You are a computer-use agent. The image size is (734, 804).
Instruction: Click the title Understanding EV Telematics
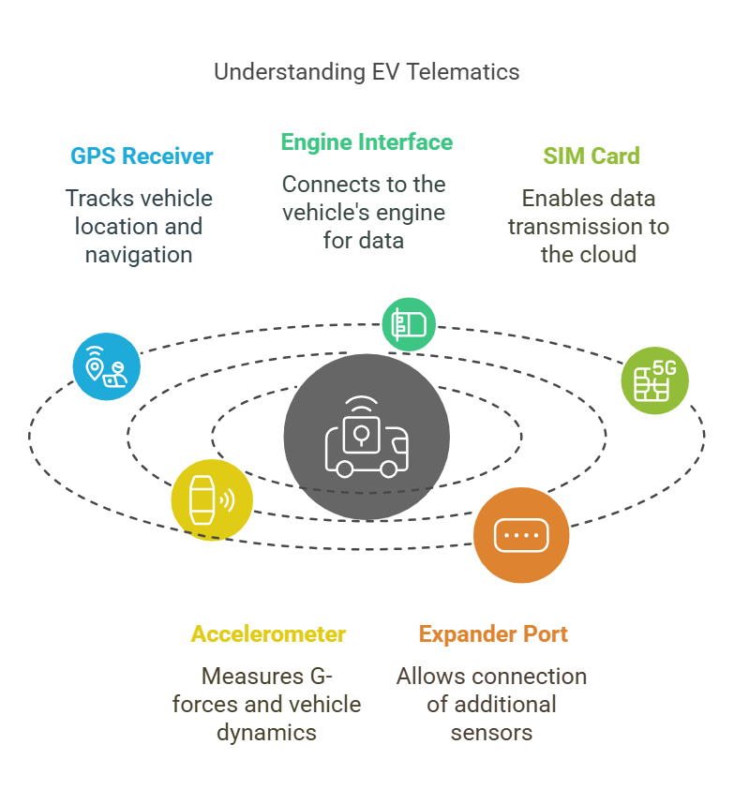pyautogui.click(x=367, y=72)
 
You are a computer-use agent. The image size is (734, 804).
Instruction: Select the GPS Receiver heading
pyautogui.click(x=142, y=156)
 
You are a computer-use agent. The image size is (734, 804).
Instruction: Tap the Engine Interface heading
pyautogui.click(x=367, y=142)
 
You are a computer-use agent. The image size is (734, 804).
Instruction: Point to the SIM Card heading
pyautogui.click(x=592, y=156)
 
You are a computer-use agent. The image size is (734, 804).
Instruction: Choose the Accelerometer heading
pyautogui.click(x=268, y=634)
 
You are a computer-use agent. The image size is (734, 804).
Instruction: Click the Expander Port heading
pyautogui.click(x=493, y=634)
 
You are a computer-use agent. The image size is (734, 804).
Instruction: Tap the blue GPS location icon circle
pyautogui.click(x=107, y=366)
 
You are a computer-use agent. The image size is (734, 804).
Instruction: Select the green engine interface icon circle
pyautogui.click(x=409, y=324)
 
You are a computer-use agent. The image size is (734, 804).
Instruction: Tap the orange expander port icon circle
pyautogui.click(x=520, y=535)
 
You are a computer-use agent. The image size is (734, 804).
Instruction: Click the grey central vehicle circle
pyautogui.click(x=367, y=436)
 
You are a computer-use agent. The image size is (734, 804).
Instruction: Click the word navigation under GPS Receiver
pyautogui.click(x=139, y=254)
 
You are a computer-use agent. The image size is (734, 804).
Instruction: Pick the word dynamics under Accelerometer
pyautogui.click(x=267, y=732)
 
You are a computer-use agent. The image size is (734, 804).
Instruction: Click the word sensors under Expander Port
pyautogui.click(x=491, y=732)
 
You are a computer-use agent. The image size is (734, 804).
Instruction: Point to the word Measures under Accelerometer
pyautogui.click(x=252, y=676)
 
